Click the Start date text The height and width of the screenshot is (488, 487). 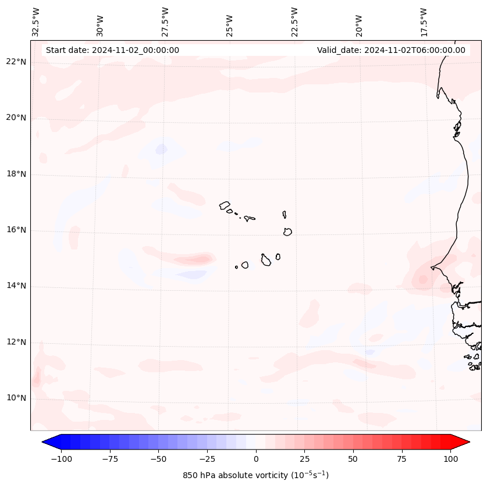(112, 50)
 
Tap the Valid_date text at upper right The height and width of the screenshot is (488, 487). (391, 50)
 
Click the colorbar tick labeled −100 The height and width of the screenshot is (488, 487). (61, 459)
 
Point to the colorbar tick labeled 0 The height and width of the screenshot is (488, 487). (256, 459)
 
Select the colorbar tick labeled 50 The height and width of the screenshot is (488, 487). (353, 459)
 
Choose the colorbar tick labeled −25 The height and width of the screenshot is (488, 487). (207, 459)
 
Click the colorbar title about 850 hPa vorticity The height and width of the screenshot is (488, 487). (256, 475)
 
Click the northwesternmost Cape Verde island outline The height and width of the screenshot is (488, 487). (225, 205)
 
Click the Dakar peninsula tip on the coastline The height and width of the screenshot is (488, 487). (432, 268)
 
